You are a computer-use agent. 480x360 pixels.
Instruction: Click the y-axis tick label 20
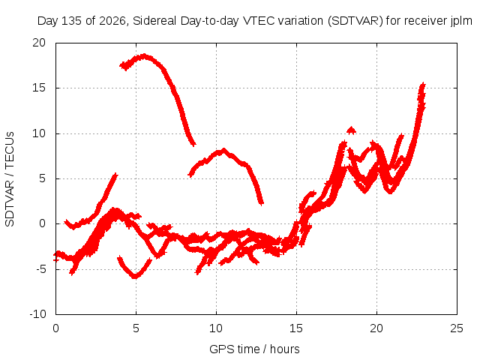[39, 43]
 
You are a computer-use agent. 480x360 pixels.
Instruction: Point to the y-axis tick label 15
[39, 88]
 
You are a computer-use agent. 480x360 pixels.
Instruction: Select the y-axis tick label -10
[37, 314]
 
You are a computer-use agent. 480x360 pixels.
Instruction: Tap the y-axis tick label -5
[40, 269]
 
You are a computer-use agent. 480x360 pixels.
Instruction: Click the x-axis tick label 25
[457, 328]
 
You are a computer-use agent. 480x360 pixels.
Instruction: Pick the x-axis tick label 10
[216, 328]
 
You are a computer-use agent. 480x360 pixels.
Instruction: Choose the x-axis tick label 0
[55, 328]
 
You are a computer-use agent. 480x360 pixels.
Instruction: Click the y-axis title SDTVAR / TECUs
[10, 179]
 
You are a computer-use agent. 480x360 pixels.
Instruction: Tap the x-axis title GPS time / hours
[254, 349]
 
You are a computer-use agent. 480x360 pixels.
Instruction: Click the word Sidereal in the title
[154, 21]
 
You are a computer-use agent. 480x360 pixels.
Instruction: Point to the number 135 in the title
[72, 21]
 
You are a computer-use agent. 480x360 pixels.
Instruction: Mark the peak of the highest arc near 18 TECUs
[145, 56]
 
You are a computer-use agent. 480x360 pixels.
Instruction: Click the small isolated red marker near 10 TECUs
[351, 130]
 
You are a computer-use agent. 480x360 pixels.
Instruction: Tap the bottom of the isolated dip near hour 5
[135, 277]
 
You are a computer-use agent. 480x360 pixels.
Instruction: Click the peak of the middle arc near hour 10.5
[223, 150]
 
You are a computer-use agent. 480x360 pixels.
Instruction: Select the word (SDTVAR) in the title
[355, 21]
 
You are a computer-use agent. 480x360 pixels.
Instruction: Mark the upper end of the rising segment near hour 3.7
[115, 175]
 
